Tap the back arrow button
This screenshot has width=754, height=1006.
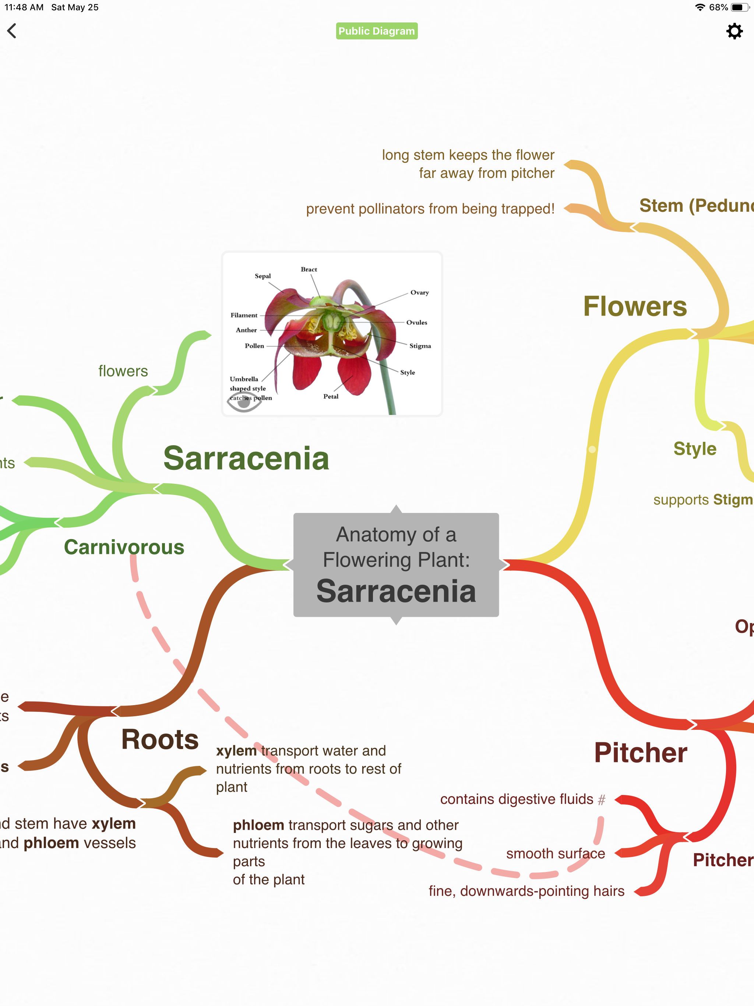(12, 31)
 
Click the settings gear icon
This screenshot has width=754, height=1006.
(734, 31)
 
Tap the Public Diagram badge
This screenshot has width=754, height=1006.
(377, 31)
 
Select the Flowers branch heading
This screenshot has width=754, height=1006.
(635, 306)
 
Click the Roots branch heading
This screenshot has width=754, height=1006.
(160, 739)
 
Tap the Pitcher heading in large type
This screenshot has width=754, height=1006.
(640, 753)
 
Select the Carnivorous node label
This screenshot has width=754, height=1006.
(124, 547)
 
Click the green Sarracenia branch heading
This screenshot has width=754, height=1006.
(246, 458)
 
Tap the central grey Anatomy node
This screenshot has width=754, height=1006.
(396, 565)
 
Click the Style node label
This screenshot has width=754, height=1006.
(694, 449)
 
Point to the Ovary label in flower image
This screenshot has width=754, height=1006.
(419, 292)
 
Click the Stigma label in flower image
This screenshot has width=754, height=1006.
(420, 346)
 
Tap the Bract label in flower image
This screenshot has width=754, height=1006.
(309, 269)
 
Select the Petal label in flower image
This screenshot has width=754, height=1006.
(331, 397)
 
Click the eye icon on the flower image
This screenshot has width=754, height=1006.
(244, 402)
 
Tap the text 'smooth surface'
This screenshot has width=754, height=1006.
(555, 854)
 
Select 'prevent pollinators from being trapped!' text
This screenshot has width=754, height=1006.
(430, 209)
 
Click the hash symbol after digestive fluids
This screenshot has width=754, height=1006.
(602, 799)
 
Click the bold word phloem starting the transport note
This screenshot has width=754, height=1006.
(258, 825)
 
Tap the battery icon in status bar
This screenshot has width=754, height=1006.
(739, 7)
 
